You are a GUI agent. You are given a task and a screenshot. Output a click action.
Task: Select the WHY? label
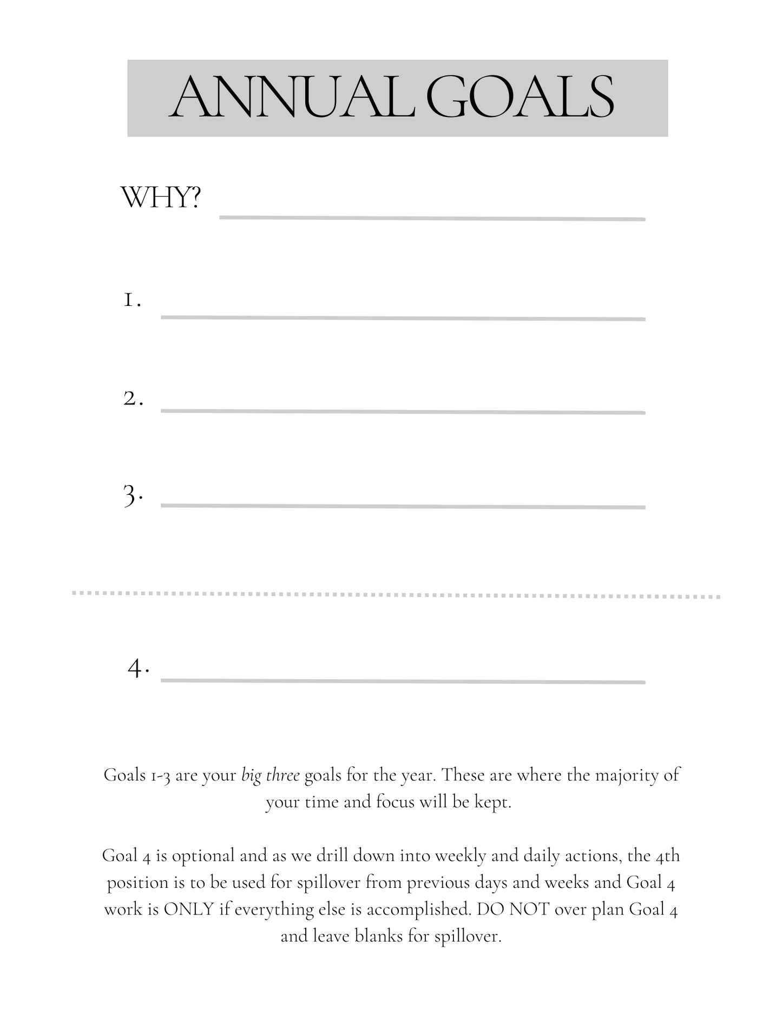pyautogui.click(x=161, y=198)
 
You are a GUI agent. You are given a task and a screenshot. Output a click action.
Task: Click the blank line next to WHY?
pyautogui.click(x=432, y=218)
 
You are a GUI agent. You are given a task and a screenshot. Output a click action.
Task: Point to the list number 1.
pyautogui.click(x=132, y=299)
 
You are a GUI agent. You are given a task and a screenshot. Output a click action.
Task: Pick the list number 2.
pyautogui.click(x=133, y=399)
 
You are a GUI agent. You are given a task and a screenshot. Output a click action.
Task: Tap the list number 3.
pyautogui.click(x=133, y=495)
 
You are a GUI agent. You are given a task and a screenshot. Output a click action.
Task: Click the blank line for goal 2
pyautogui.click(x=403, y=412)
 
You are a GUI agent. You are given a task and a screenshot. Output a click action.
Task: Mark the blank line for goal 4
pyautogui.click(x=403, y=681)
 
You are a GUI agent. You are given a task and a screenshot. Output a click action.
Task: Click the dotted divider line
pyautogui.click(x=396, y=594)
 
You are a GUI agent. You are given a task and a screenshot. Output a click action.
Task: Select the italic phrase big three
pyautogui.click(x=270, y=776)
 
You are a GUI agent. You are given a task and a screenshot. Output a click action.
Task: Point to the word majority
pyautogui.click(x=626, y=775)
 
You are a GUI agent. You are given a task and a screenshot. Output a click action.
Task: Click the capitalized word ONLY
pyautogui.click(x=189, y=909)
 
